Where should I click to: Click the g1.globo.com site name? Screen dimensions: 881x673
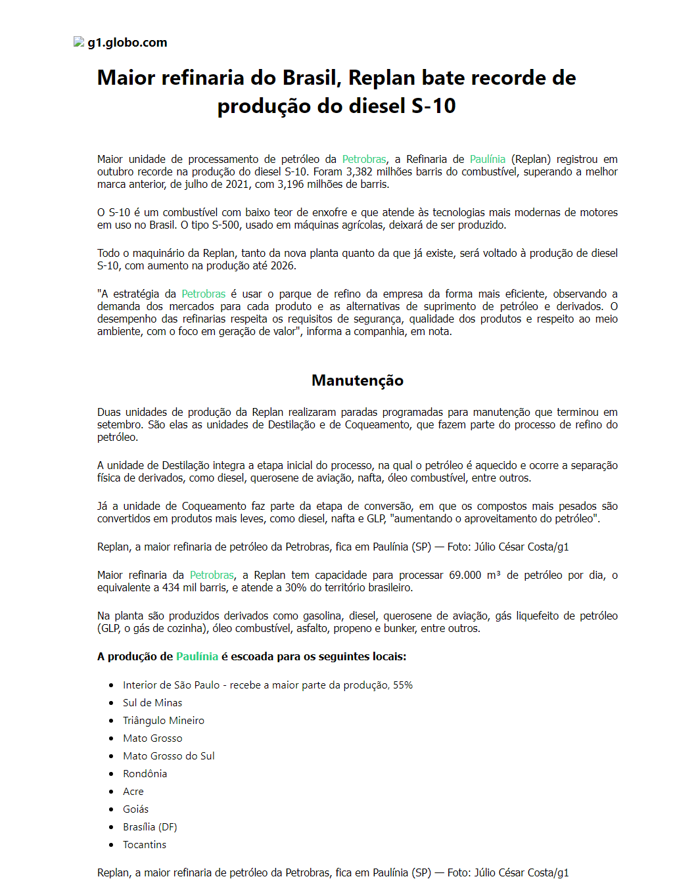128,43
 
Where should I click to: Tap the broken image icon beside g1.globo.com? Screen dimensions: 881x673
79,42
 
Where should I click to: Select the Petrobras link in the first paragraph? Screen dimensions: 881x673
364,159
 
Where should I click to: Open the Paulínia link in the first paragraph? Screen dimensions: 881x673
488,159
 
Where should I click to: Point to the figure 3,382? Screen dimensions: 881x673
360,171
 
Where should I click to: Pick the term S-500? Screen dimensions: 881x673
225,225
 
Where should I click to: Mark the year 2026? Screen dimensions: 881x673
283,265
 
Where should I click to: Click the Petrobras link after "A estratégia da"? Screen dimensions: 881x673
204,294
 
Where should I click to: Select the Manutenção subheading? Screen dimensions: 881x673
358,380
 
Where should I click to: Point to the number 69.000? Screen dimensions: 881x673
465,575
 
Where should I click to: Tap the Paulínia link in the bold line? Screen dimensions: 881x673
197,656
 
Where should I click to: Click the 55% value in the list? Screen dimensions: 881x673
403,685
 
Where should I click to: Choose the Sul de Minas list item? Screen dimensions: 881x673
152,702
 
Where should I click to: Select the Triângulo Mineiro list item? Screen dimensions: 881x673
164,720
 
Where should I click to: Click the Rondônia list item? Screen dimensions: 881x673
145,773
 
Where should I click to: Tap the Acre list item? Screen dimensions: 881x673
133,791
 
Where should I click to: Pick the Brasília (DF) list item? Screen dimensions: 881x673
150,826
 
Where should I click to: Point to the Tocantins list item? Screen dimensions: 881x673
145,844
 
